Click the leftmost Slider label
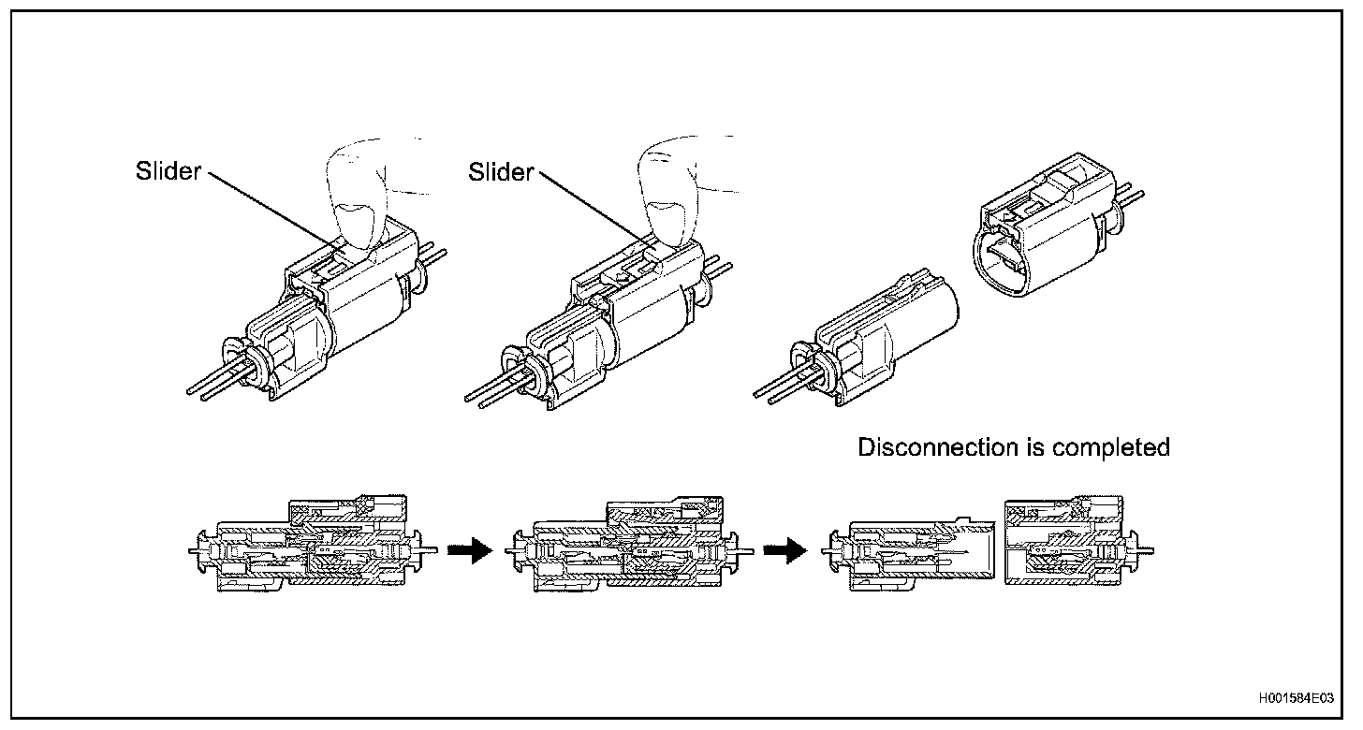pyautogui.click(x=168, y=171)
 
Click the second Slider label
pyautogui.click(x=501, y=171)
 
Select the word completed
pyautogui.click(x=1111, y=447)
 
